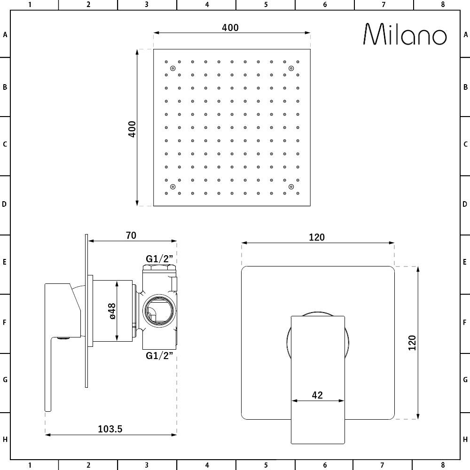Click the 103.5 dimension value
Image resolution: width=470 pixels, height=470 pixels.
coord(110,429)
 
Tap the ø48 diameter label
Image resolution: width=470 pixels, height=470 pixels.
coord(112,311)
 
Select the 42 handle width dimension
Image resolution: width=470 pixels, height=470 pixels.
coord(317,395)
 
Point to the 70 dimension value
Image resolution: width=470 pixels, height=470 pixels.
coord(131,235)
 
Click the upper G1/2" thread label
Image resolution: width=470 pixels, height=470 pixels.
coord(159,258)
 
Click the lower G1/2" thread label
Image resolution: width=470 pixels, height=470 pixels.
coord(159,355)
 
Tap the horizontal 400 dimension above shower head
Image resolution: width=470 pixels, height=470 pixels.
coord(230,28)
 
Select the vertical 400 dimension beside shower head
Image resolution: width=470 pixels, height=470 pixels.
coord(132,129)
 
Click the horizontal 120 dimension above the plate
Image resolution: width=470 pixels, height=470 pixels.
coord(317,237)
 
